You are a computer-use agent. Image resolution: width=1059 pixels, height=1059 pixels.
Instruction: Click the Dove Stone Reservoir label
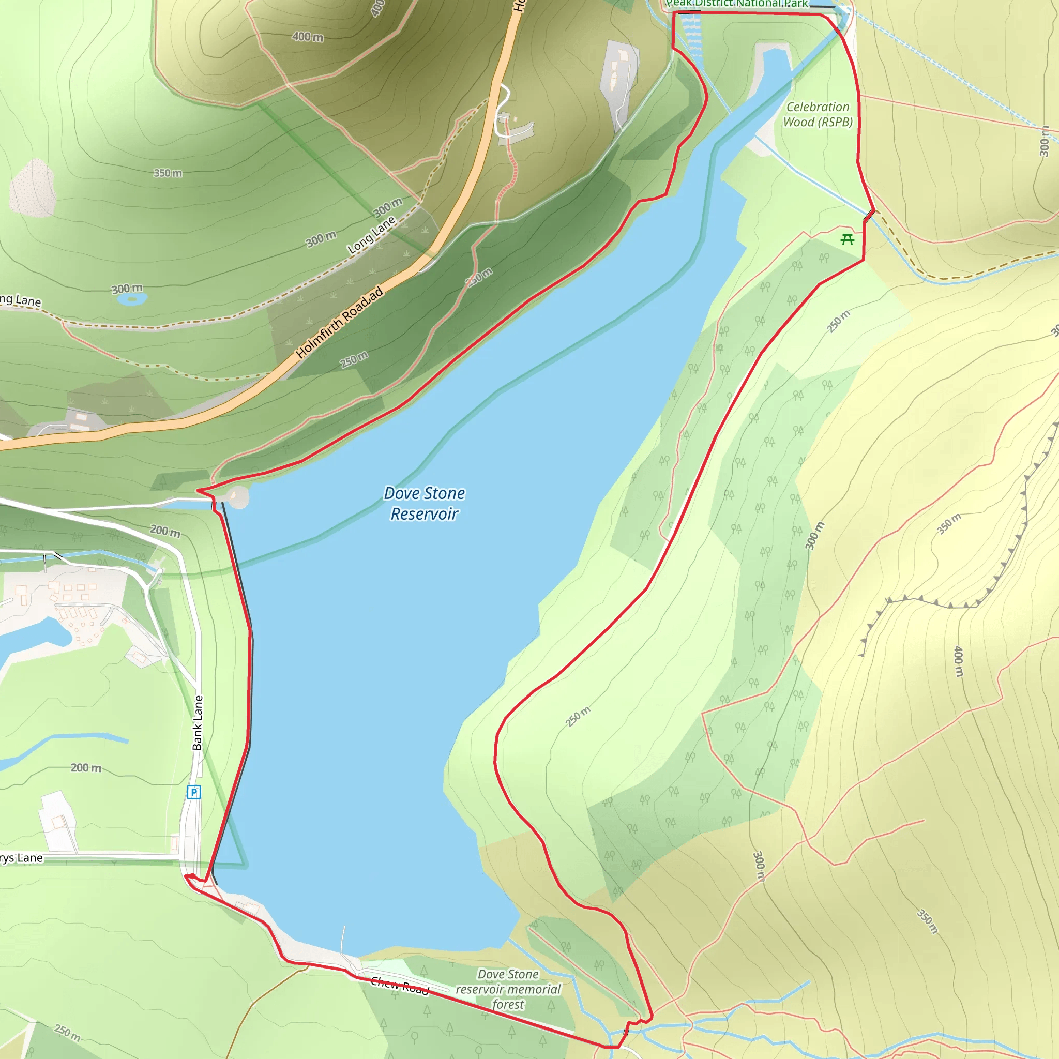[424, 503]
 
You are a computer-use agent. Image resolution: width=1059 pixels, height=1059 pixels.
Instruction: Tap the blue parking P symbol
[193, 792]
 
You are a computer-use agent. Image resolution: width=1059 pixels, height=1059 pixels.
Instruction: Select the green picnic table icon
[848, 239]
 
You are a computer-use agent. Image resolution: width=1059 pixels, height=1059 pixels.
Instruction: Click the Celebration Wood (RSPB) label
[818, 115]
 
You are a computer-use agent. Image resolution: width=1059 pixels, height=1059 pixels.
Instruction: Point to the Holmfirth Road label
[339, 323]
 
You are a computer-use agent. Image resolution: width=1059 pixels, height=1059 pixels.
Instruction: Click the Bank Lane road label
[198, 722]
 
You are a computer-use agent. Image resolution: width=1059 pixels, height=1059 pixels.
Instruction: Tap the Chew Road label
[399, 986]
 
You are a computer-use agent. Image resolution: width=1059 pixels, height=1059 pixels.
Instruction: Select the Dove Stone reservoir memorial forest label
[508, 989]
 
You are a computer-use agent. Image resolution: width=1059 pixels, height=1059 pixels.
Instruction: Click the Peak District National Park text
[737, 4]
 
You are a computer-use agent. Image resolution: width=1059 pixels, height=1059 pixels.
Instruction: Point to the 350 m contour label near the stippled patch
[167, 173]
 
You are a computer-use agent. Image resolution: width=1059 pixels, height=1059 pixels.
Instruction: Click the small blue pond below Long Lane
[131, 298]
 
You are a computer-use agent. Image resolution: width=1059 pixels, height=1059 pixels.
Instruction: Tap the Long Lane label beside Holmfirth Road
[371, 235]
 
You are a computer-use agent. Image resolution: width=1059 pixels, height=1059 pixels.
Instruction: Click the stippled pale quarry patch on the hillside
[33, 188]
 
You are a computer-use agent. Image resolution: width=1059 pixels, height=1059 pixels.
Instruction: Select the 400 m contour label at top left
[307, 37]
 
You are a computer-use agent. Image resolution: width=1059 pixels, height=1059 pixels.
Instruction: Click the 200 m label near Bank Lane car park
[85, 768]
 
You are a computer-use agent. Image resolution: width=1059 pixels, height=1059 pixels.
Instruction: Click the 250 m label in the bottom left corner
[67, 1033]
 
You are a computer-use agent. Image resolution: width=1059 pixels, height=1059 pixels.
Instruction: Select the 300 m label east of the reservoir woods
[814, 536]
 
